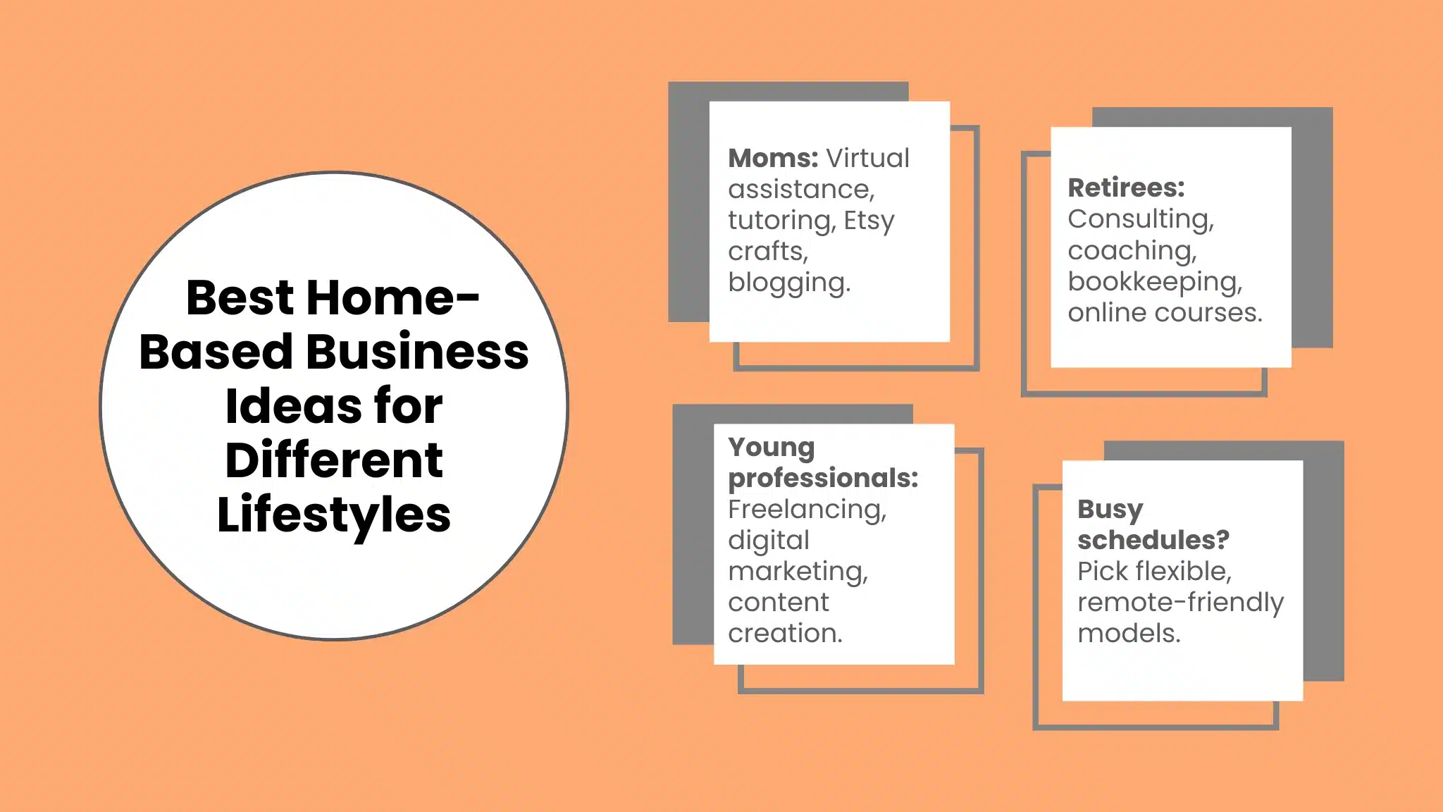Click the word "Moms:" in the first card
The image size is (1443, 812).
(773, 159)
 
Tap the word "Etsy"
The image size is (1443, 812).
(869, 221)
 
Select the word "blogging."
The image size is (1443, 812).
(789, 283)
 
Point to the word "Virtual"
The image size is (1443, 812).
(867, 159)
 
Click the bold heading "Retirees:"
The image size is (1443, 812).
(1126, 188)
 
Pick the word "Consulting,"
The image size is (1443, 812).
(1141, 219)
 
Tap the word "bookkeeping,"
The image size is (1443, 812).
(1155, 282)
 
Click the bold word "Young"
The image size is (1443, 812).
(772, 448)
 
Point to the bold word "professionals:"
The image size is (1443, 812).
(823, 479)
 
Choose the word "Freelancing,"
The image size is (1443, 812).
(807, 510)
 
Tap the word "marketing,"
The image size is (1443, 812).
(798, 572)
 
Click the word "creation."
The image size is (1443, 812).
(785, 634)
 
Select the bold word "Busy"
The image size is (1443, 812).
(1110, 510)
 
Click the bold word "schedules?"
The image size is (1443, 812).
(1153, 541)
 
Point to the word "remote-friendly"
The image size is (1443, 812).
(1180, 603)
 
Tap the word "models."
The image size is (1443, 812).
(1129, 634)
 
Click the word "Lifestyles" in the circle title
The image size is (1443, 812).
(334, 515)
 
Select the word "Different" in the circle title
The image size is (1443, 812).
(334, 460)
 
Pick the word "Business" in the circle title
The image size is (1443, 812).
(416, 352)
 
